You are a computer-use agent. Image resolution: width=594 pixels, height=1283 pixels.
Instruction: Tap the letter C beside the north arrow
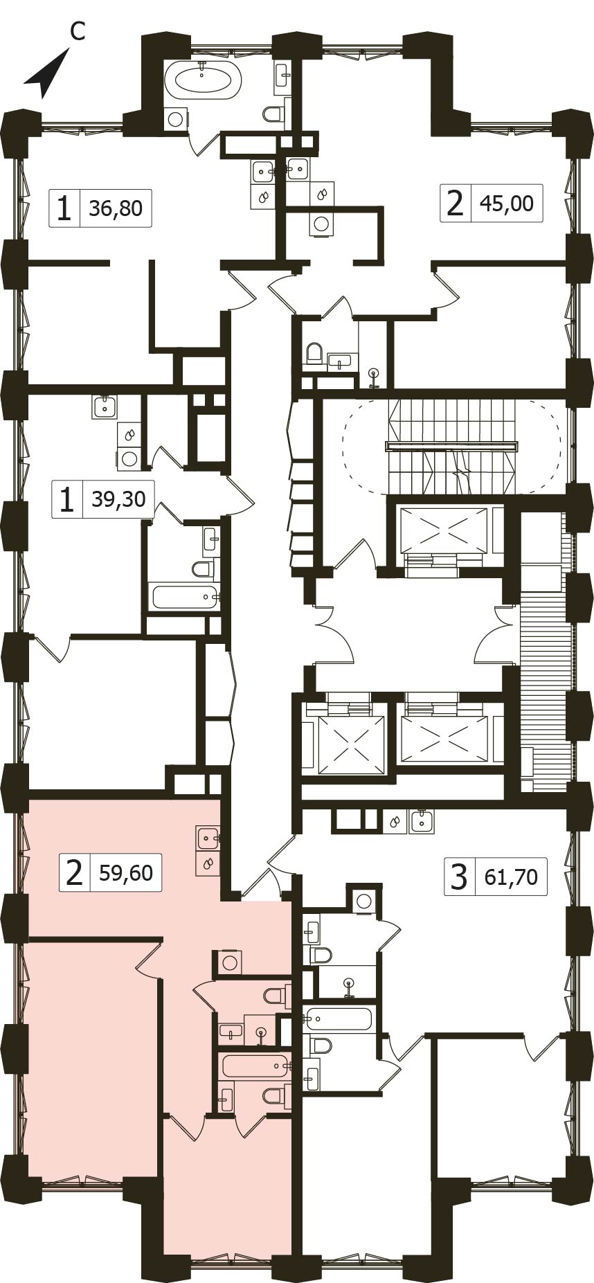coord(78,32)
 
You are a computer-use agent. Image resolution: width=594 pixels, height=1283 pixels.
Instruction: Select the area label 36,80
coord(116,208)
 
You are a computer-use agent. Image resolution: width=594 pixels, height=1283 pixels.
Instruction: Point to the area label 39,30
coord(119,499)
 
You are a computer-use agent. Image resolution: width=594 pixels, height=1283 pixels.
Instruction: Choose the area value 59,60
coord(126,872)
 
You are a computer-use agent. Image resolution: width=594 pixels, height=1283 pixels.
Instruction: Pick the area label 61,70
coord(511,877)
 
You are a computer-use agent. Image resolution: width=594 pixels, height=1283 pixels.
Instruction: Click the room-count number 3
coord(459,878)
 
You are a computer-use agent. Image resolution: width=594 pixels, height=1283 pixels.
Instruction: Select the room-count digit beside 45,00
coord(455,204)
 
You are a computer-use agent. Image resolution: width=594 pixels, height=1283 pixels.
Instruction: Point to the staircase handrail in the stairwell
coord(451,447)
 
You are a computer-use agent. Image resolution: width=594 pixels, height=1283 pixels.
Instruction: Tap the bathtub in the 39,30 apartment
coord(185,597)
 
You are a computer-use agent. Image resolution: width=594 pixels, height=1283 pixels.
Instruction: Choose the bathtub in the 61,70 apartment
coord(339,1019)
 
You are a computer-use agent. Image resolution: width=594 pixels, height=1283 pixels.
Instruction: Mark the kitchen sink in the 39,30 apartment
coord(104,406)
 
